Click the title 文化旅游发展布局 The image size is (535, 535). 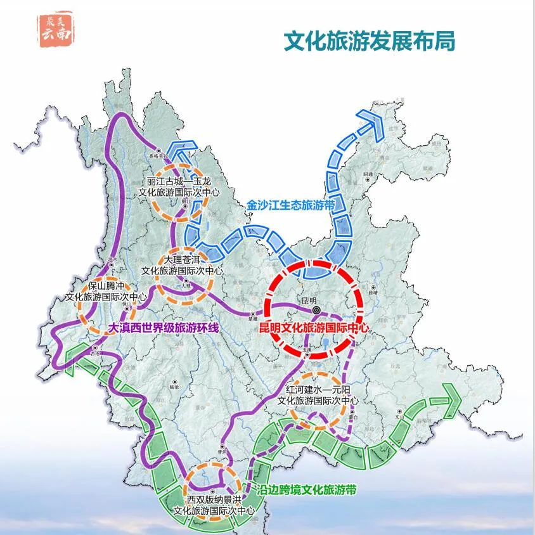(370, 42)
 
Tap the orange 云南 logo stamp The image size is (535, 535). (55, 29)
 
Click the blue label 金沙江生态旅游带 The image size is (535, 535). (290, 205)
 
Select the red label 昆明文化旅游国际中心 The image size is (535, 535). (314, 328)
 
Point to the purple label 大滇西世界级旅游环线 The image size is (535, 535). (164, 328)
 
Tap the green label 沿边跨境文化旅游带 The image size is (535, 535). (307, 490)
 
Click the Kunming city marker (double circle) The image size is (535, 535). (316, 311)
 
